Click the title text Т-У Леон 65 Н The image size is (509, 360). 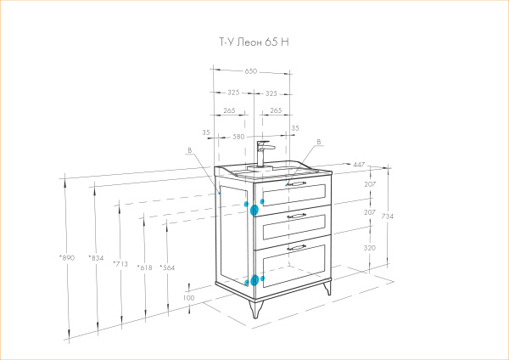click(255, 42)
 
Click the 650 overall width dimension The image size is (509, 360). click(251, 71)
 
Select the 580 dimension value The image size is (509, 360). click(238, 137)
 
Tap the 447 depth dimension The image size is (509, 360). click(359, 165)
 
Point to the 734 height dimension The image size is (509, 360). click(388, 216)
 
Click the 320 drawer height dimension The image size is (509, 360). click(369, 248)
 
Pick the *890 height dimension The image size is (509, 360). click(67, 258)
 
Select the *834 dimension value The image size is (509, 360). click(96, 258)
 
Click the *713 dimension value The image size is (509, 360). click(120, 264)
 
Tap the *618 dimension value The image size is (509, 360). click(144, 267)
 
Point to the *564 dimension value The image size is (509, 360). click(167, 267)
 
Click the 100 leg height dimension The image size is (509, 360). click(188, 298)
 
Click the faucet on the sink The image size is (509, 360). click(264, 154)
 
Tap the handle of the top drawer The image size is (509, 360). click(296, 184)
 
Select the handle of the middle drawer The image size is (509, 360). click(296, 216)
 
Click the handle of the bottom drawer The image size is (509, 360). click(296, 248)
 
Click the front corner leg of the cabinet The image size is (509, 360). click(255, 309)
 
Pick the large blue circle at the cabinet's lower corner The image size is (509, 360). click(255, 280)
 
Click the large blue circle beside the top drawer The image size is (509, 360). click(255, 211)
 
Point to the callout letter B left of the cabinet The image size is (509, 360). click(190, 150)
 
